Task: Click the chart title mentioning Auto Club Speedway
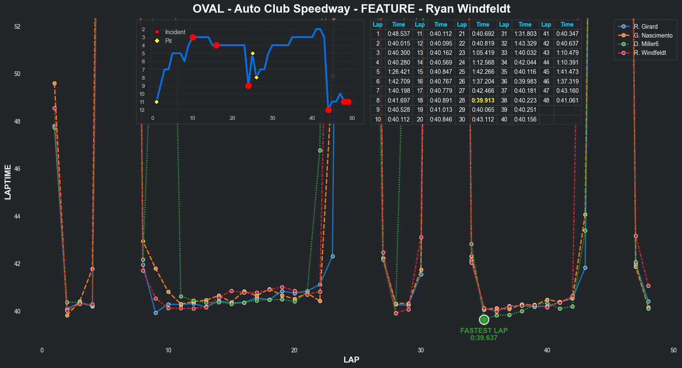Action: coord(351,9)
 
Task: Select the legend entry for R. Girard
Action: coord(645,27)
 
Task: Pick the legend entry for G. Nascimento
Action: coord(653,35)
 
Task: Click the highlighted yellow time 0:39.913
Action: coord(483,100)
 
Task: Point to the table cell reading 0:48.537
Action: coord(398,34)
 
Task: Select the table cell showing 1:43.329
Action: coord(525,43)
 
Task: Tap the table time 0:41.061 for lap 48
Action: coord(567,100)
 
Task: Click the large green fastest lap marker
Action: coord(484,319)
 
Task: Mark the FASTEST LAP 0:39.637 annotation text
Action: coord(484,334)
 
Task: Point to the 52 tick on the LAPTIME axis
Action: coord(17,27)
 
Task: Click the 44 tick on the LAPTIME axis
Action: coord(17,216)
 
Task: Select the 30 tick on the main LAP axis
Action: coord(421,350)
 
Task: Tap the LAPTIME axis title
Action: coord(8,182)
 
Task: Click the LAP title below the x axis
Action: coord(351,360)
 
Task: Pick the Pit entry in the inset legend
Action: coord(168,41)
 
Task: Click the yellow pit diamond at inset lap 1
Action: coord(157,102)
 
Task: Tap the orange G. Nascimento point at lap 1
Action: coord(54,84)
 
